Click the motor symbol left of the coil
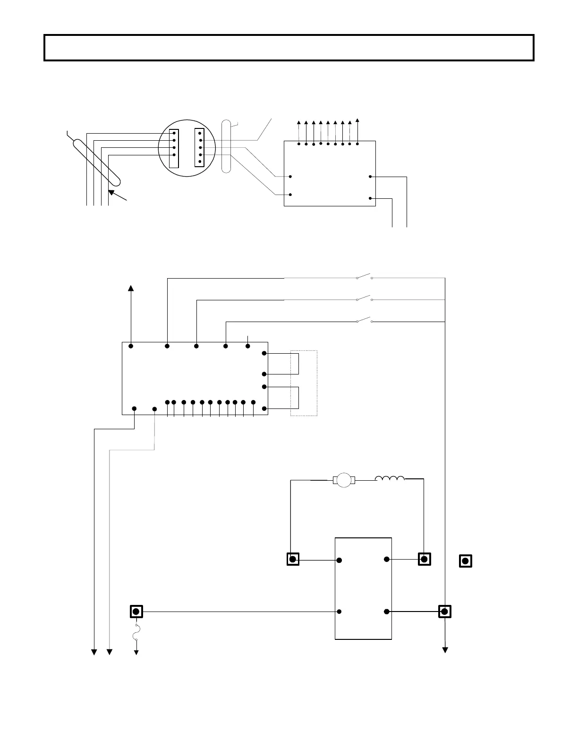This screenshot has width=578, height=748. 344,480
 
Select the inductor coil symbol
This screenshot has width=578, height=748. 390,479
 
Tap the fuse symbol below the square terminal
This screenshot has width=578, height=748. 136,633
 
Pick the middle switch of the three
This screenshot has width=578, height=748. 365,298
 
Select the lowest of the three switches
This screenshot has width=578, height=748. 365,321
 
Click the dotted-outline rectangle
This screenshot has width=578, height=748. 304,383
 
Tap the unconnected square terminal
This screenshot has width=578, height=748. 466,561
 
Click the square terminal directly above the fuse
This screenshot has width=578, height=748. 136,612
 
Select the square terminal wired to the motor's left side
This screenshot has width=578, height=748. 293,560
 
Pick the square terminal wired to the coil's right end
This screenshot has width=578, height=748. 424,560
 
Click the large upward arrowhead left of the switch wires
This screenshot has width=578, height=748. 131,289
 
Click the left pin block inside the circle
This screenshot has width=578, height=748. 174,148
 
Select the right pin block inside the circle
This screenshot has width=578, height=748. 199,147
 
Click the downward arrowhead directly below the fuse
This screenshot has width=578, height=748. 136,652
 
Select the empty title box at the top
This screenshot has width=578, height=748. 289,48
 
